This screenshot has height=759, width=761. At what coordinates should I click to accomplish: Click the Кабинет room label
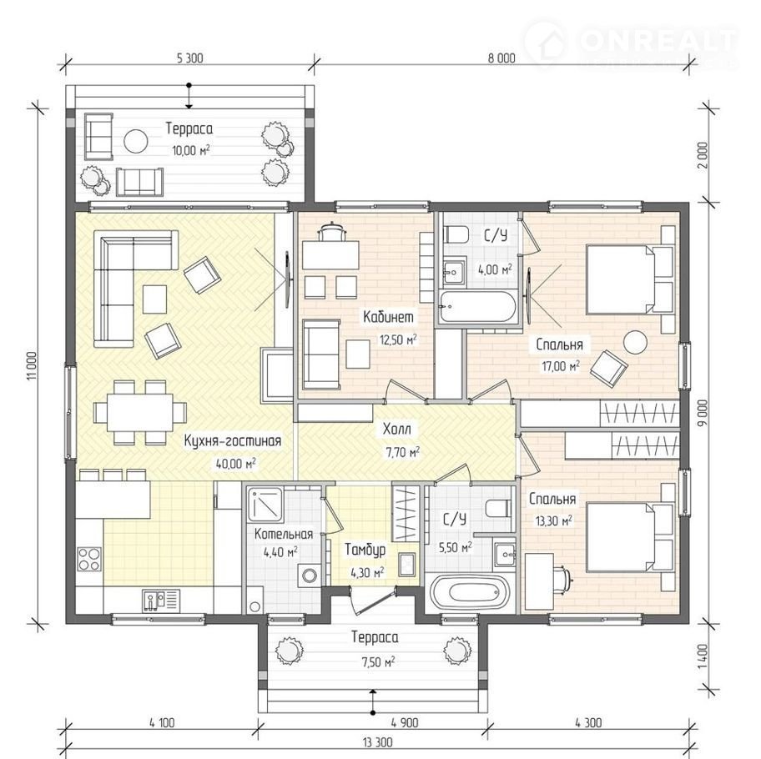tap(388, 317)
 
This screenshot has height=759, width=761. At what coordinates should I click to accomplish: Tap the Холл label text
tap(396, 429)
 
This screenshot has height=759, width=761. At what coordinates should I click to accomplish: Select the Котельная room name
tap(284, 535)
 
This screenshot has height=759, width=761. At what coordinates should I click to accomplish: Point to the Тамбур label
tap(365, 550)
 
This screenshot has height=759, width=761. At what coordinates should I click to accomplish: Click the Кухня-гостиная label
tap(233, 441)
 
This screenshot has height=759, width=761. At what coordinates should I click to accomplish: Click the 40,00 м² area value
tap(236, 464)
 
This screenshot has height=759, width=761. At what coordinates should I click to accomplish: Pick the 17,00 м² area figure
tap(561, 366)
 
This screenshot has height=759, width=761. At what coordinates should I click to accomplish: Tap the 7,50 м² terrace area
tap(378, 661)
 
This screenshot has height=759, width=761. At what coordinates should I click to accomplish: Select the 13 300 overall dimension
tap(377, 742)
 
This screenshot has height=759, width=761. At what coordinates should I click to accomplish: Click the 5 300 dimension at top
tap(189, 58)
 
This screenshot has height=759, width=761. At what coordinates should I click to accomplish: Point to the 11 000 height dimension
tap(32, 366)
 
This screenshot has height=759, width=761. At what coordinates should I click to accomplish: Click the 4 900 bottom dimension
tap(404, 723)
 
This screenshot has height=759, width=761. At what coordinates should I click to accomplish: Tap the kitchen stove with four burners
tap(89, 559)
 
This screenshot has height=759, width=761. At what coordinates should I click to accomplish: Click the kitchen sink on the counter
tap(161, 601)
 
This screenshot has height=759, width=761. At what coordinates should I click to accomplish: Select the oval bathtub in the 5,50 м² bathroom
tap(469, 592)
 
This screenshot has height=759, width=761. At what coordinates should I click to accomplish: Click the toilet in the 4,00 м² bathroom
tap(456, 234)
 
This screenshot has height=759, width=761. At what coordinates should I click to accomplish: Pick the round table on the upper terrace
tap(135, 141)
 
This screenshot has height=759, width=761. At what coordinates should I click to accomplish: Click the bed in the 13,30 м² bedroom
tap(630, 537)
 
